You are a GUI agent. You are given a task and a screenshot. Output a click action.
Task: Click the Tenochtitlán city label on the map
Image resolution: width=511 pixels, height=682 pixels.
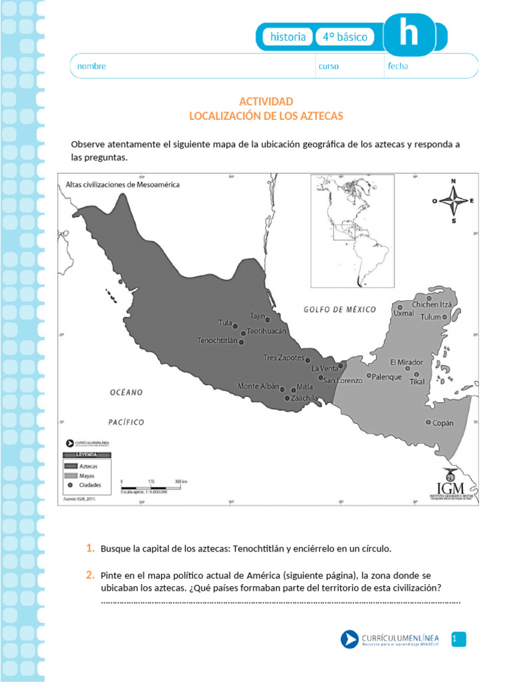pos(218,341)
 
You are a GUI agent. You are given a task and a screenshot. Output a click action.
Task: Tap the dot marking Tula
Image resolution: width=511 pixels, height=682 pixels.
pos(236,326)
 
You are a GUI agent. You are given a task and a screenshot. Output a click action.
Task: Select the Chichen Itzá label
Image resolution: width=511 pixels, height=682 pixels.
pos(432,305)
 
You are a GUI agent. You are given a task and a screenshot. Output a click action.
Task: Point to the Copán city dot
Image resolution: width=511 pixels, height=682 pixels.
pos(428,422)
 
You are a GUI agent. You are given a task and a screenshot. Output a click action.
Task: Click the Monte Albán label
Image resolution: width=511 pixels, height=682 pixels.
pos(258,386)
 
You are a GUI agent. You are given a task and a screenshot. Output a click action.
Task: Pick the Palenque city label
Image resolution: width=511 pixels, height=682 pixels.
pos(387,377)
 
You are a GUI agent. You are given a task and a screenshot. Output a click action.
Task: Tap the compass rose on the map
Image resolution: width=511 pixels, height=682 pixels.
pos(453,200)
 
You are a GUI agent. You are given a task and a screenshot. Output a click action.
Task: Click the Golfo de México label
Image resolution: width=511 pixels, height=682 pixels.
pos(340,310)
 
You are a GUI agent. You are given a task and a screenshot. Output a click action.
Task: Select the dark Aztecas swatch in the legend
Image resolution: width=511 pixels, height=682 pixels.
pos(71,467)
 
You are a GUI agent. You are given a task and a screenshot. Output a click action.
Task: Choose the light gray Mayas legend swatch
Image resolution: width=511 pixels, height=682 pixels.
pos(71,476)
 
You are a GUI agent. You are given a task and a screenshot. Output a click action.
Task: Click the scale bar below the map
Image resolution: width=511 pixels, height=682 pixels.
pos(154,486)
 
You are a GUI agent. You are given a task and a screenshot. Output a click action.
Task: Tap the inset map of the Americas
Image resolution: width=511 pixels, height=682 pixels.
pos(353,230)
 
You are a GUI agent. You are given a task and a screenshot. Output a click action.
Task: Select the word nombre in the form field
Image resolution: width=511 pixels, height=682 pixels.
pos(92,66)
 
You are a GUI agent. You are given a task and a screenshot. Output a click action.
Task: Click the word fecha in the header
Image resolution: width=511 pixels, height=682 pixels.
pos(398,66)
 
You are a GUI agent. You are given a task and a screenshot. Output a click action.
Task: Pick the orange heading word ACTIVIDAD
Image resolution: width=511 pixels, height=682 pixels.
pos(266,101)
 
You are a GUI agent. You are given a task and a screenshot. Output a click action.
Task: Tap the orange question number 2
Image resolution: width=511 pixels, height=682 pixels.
pos(89,574)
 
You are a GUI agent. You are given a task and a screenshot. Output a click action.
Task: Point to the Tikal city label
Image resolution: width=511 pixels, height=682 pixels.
pos(417,382)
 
